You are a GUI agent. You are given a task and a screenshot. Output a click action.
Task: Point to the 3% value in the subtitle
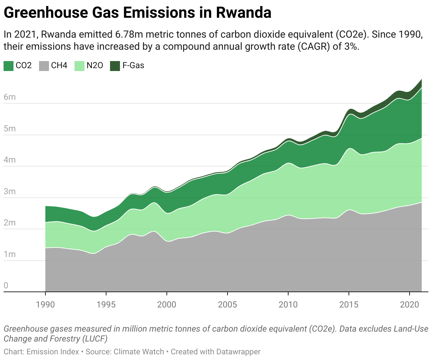coord(351,47)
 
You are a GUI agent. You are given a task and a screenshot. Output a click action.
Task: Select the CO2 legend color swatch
coord(9,66)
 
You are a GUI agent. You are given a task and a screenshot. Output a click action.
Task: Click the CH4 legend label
coord(59,66)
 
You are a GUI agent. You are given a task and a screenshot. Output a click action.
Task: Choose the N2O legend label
coord(95,66)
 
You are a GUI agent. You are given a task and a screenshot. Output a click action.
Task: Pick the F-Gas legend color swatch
coord(115,66)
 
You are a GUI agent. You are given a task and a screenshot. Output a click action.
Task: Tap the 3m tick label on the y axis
coord(10,192)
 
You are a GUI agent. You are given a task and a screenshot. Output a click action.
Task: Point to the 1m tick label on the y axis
coord(10,255)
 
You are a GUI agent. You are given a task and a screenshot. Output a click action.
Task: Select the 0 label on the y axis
coord(6,286)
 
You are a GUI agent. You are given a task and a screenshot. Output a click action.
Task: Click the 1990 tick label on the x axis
coord(45,304)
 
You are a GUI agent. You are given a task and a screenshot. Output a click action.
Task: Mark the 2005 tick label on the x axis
coord(228,304)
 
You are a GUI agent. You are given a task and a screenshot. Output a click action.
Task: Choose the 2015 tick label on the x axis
coord(349,304)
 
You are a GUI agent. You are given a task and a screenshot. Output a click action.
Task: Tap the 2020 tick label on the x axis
coord(410,304)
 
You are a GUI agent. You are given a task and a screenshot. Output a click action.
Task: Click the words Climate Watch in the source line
coord(139,352)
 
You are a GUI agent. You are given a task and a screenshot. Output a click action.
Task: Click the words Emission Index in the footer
coord(53,352)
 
